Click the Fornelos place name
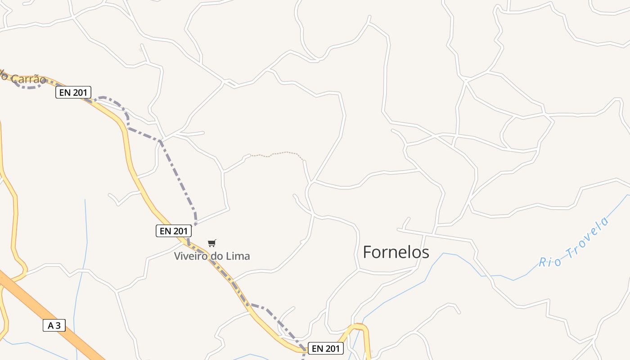pos(396,252)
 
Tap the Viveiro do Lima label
pos(212,256)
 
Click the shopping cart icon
pos(212,243)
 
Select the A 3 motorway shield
pos(54,325)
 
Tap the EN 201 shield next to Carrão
pos(73,93)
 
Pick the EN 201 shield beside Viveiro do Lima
pos(174,231)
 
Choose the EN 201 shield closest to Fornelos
pos(325,348)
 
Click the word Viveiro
pos(189,256)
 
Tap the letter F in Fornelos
pos(367,252)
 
